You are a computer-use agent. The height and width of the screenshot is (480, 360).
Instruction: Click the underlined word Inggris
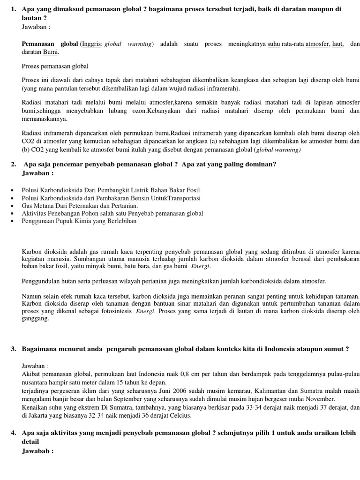coord(91,45)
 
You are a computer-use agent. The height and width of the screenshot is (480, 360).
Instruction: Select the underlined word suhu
coord(273,45)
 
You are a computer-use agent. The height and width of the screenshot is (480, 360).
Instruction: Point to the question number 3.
coord(13,349)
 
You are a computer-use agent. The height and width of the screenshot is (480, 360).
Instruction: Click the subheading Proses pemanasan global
coord(55,67)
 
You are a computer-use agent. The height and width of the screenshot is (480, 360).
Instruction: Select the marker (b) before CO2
coord(26,150)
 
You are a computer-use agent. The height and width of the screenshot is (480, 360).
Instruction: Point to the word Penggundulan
coord(43,281)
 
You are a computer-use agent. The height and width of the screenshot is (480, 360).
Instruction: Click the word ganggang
coord(35,318)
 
